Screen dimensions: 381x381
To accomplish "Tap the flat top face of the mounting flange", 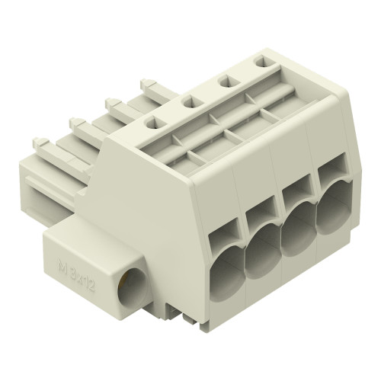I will (84, 235).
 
